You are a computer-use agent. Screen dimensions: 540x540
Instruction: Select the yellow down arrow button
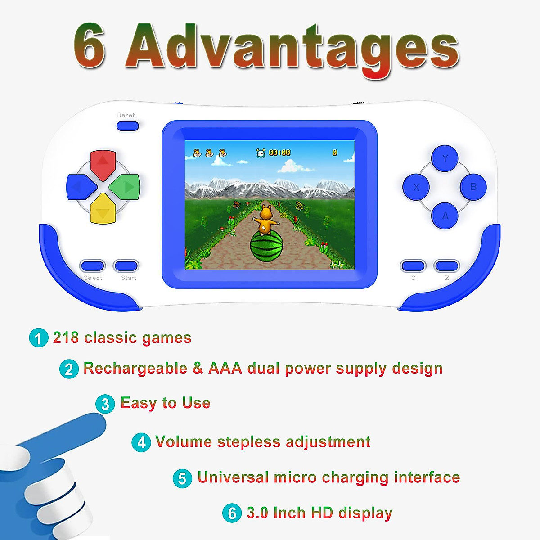click(103, 209)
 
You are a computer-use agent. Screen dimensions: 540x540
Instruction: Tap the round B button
click(473, 187)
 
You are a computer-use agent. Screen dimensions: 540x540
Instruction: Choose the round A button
click(445, 216)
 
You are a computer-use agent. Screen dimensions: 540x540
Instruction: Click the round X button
click(416, 187)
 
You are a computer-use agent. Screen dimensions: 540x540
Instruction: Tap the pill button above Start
click(126, 265)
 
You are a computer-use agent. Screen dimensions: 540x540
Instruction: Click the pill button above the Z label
click(447, 266)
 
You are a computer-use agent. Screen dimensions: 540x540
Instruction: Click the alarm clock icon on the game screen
click(261, 153)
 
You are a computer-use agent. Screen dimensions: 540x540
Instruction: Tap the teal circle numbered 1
click(39, 338)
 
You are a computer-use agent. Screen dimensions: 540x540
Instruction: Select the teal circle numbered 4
click(141, 442)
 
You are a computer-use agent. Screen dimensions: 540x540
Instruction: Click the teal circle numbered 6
click(232, 513)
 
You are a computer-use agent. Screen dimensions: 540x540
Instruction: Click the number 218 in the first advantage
click(66, 337)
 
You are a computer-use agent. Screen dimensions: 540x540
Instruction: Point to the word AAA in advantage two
click(225, 369)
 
